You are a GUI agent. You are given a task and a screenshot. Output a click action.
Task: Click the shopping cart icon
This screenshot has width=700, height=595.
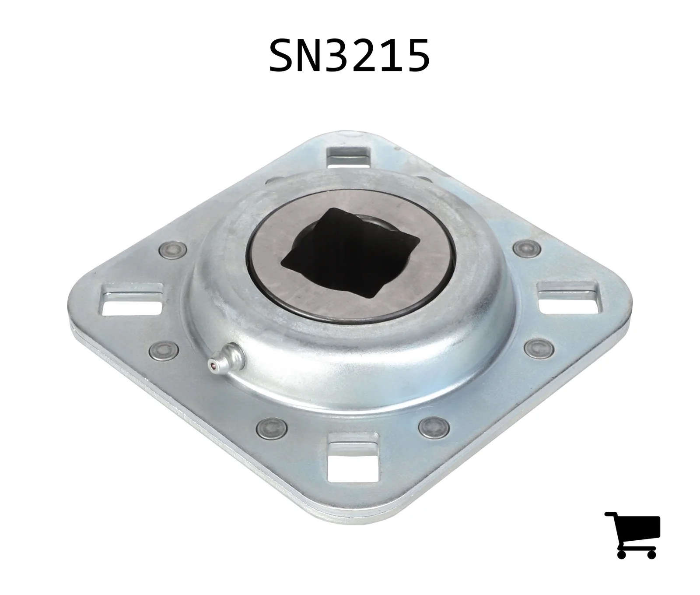click(632, 535)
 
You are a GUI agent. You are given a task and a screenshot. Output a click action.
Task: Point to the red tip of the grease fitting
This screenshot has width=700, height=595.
click(213, 364)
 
